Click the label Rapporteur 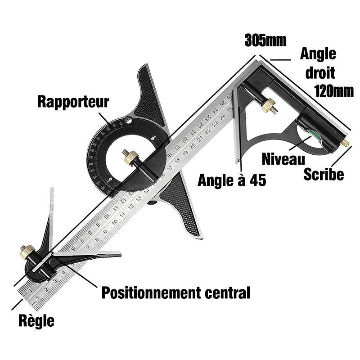click(x=73, y=101)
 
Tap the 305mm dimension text click(x=265, y=40)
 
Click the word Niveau click(x=283, y=158)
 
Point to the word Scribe click(x=324, y=174)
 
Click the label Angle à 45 click(x=232, y=180)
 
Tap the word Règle click(x=36, y=321)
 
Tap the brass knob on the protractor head click(x=131, y=157)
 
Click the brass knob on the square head click(x=270, y=106)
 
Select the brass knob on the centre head click(x=26, y=252)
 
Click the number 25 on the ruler click(x=230, y=108)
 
